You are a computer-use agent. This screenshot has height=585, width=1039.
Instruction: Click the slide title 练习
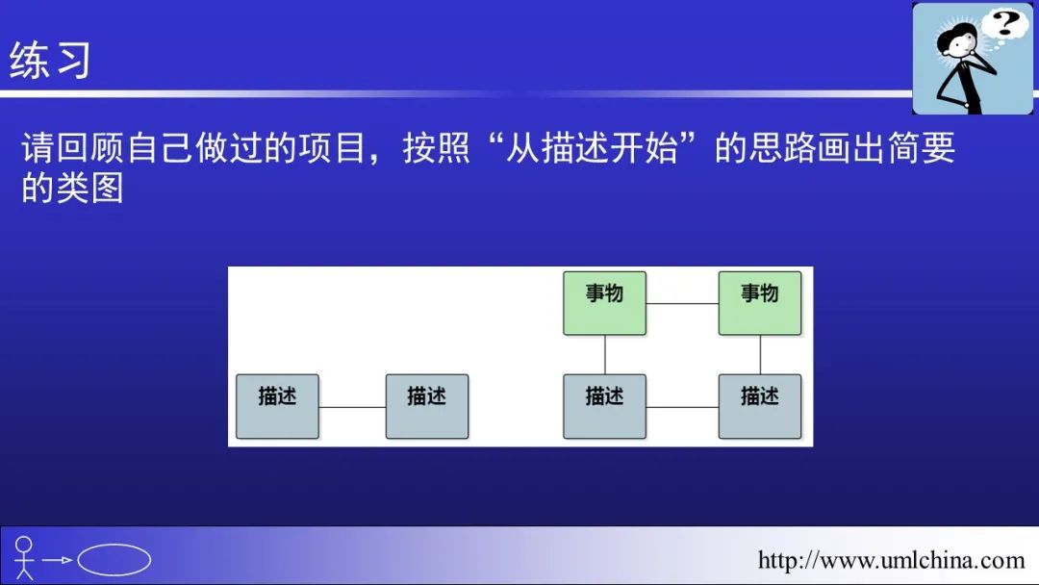(50, 61)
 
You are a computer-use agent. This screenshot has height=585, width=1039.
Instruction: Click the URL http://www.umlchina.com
(891, 561)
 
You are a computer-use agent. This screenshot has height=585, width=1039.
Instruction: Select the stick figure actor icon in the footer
(24, 558)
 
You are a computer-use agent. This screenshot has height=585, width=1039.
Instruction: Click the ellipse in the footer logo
(114, 560)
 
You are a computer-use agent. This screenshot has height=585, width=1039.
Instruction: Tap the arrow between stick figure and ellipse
(57, 560)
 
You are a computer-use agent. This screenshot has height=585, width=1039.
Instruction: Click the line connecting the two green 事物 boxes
(682, 303)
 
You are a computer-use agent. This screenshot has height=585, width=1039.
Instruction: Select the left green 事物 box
(604, 303)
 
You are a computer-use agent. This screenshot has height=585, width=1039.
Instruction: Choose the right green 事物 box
(760, 303)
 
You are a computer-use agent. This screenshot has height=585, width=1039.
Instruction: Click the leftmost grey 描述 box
(278, 406)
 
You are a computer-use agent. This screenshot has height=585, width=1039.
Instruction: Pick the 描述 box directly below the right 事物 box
(760, 406)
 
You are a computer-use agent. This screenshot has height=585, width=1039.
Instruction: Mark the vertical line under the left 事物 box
(605, 354)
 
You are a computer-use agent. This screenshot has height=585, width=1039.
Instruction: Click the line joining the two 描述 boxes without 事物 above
(352, 407)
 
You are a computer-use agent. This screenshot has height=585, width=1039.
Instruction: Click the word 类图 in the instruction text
(89, 189)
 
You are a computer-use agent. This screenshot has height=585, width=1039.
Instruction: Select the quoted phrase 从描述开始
(592, 147)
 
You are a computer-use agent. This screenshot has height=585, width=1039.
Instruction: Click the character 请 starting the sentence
(38, 147)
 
